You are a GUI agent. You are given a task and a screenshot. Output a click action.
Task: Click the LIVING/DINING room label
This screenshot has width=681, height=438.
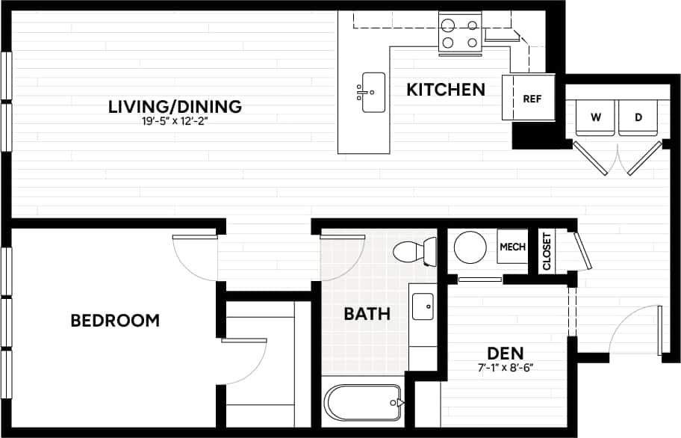pos(175,107)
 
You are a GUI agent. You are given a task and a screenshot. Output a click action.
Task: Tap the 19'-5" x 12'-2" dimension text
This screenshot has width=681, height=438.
pos(175,123)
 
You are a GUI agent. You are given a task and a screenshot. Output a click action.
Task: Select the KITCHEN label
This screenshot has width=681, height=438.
pos(446,90)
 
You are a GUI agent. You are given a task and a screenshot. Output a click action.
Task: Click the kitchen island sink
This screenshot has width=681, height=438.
pos(373,92)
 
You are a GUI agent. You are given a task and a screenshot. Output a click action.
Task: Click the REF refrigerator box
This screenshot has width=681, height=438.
pos(531,98)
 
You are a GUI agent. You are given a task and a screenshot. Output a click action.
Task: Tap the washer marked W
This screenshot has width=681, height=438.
pos(596,117)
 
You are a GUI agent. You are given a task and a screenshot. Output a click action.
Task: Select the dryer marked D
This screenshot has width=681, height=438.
pos(638,117)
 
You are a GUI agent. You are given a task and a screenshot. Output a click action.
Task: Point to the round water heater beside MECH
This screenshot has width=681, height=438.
pos(470,247)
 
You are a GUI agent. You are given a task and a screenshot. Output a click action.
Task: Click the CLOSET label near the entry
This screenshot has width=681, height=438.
pos(547,251)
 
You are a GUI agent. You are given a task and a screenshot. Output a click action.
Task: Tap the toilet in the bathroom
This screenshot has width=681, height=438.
pos(415,251)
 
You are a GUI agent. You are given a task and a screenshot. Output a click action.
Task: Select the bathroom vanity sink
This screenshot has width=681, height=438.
pos(423,306)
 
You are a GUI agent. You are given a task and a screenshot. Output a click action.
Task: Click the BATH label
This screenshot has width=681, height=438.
pos(367,313)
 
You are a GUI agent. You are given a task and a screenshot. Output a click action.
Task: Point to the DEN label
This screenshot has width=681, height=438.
pos(506,352)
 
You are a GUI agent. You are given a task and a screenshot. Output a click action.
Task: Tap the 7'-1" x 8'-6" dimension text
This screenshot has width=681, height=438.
pos(506,367)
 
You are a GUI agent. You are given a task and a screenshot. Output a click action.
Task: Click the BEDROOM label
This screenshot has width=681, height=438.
pos(115,321)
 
